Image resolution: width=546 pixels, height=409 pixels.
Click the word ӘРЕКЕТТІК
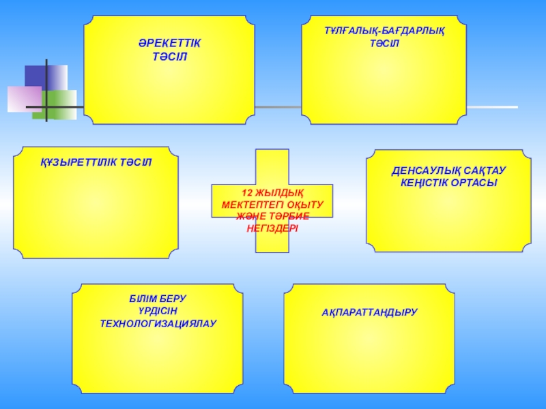170,44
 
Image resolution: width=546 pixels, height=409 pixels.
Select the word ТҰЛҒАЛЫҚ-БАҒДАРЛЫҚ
384,31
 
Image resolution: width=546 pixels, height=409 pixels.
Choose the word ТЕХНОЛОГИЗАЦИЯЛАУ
158,323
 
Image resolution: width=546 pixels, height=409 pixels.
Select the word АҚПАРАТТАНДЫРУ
369,312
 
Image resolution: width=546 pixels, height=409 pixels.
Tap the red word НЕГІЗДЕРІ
272,228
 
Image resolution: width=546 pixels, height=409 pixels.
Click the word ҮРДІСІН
158,311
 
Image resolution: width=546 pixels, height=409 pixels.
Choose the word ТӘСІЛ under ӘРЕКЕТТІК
170,56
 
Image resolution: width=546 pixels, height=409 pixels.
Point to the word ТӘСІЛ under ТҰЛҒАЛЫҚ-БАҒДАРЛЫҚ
384,44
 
